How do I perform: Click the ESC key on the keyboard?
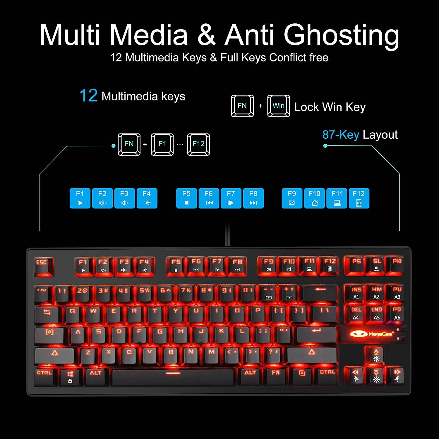[x=43, y=266]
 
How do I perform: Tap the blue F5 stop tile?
[x=186, y=198]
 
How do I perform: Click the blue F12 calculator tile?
[x=359, y=198]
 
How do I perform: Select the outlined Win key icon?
[x=278, y=106]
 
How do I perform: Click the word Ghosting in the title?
[x=341, y=35]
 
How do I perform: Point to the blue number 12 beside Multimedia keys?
[x=88, y=96]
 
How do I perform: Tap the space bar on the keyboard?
[x=173, y=376]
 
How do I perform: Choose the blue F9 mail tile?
[x=292, y=198]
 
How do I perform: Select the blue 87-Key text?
[x=341, y=135]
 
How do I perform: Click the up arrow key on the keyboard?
[x=376, y=355]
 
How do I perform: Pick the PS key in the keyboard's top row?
[x=356, y=265]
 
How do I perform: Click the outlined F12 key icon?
[x=198, y=144]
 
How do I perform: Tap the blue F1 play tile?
[x=80, y=198]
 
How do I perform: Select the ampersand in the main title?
[x=206, y=35]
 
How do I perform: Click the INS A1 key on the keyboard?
[x=356, y=293]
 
